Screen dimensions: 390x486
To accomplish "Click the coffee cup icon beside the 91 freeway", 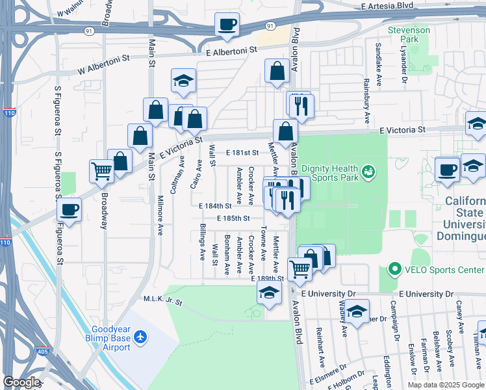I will click(227, 25).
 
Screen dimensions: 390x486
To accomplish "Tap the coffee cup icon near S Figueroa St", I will click(70, 210).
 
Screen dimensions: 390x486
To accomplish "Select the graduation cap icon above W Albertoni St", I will click(183, 81).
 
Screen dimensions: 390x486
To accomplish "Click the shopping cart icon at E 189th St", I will click(300, 268).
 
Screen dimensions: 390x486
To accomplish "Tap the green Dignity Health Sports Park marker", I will click(369, 171).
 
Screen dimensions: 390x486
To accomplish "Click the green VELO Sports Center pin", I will click(394, 269).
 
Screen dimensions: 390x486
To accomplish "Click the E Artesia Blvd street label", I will click(388, 6).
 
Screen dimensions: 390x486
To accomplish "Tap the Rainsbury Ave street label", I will click(367, 101).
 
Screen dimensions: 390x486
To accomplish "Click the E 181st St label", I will click(242, 153).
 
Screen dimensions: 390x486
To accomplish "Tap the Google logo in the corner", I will click(21, 383).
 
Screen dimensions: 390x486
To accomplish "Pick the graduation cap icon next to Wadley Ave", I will click(357, 313).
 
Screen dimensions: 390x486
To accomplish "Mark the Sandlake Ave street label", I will click(378, 59).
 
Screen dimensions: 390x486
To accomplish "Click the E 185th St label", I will click(234, 218).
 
